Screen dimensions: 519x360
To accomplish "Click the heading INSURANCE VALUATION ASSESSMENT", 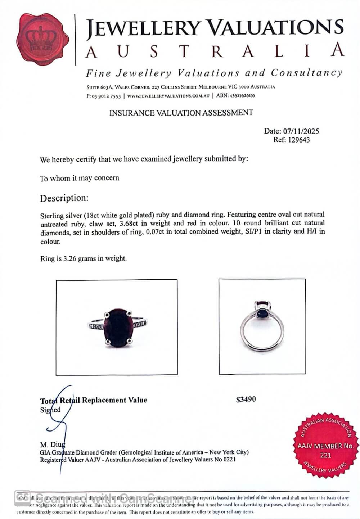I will click(181, 113).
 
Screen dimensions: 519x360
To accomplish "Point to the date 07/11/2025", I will click(301, 131).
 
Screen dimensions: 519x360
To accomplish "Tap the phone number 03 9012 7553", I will click(107, 96).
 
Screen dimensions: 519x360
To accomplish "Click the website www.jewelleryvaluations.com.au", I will click(168, 96).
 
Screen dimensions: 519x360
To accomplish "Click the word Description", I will click(64, 198).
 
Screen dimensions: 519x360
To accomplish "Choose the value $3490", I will click(246, 399).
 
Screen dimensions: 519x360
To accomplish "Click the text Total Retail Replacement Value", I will click(94, 400).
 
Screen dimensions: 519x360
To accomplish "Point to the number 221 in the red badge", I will click(325, 455).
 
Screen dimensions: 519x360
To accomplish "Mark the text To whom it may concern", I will click(80, 178).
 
